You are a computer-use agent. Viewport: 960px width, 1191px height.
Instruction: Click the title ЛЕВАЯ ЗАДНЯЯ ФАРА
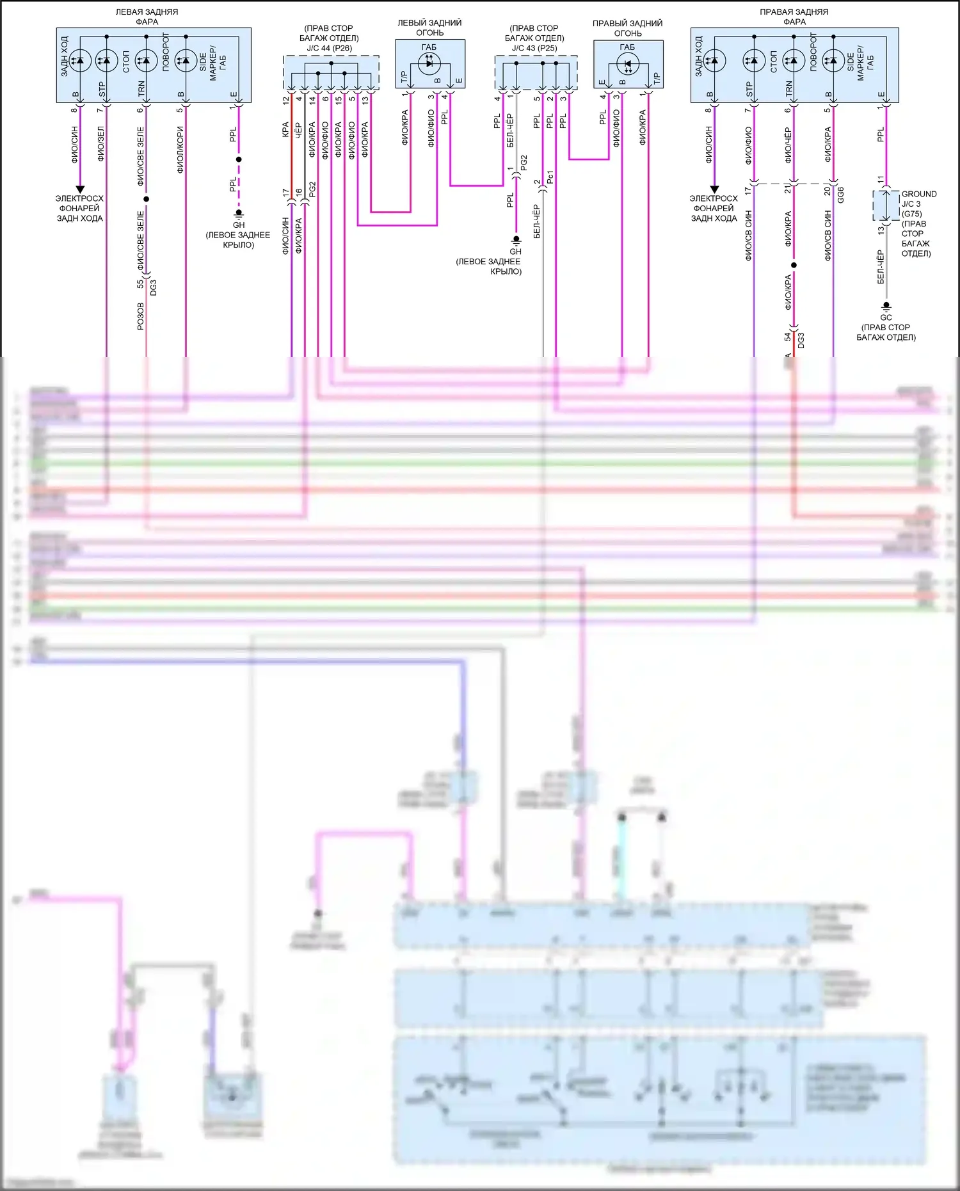click(147, 17)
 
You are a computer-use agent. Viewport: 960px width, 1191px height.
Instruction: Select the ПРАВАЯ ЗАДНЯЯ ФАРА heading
click(794, 17)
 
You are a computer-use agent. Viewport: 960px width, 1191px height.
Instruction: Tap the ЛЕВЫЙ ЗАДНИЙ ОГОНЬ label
click(429, 28)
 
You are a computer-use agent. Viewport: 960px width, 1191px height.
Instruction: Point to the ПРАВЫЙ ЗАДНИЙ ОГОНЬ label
click(627, 28)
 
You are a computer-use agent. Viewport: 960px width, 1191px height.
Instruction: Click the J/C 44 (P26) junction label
click(329, 48)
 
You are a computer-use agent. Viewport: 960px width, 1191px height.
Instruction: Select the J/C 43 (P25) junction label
click(534, 48)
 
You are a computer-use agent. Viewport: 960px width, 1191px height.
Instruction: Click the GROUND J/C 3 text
click(918, 199)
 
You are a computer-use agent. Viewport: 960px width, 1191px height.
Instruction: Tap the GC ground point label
click(886, 317)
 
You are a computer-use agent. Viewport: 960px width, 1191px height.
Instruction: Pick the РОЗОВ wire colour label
click(141, 316)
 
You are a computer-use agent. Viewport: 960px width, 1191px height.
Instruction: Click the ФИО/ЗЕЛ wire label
click(100, 143)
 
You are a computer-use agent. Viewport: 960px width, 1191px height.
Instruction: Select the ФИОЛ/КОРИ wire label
click(180, 149)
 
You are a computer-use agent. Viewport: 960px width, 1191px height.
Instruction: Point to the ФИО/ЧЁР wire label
click(788, 145)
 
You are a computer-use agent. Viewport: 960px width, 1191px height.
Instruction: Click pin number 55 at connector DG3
click(140, 284)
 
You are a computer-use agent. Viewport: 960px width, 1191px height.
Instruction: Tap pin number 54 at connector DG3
click(788, 337)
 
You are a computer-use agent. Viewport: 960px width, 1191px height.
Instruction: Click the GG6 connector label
click(840, 195)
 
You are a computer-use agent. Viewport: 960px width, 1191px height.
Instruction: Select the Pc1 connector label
click(550, 177)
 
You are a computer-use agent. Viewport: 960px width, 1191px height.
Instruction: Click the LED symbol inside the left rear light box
click(429, 63)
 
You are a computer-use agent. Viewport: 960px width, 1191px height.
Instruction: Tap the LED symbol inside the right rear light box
click(627, 63)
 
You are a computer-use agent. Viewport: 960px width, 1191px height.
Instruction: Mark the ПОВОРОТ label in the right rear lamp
click(813, 52)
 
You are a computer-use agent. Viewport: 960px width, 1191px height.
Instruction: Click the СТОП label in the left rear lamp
click(126, 61)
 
